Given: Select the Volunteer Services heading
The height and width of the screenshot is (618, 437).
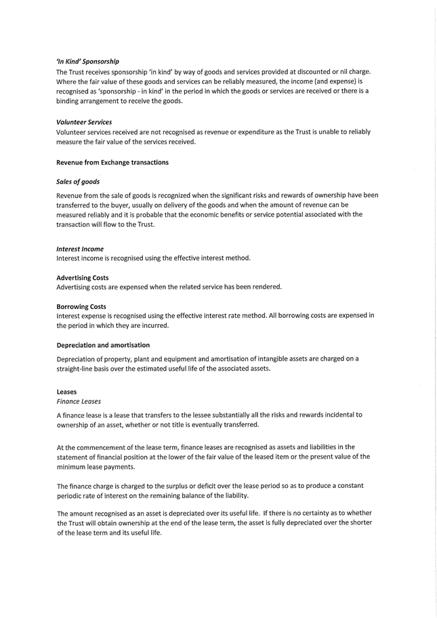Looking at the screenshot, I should click(x=84, y=122).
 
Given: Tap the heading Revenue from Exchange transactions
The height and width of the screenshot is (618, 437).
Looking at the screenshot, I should click(x=112, y=163).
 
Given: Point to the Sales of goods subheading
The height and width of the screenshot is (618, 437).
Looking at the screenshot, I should click(x=78, y=182).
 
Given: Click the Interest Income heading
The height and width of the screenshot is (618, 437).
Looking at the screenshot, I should click(x=80, y=249).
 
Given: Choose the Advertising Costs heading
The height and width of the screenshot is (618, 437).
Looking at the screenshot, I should click(x=83, y=278).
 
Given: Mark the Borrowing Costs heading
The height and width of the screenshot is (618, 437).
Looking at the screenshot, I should click(x=81, y=306).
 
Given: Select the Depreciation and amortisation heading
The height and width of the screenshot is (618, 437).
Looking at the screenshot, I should click(x=103, y=345).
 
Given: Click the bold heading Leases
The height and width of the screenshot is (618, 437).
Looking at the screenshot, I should click(x=66, y=392).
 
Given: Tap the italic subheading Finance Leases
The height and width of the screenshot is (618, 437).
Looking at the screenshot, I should click(x=79, y=401).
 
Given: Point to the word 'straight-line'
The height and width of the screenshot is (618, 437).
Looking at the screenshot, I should click(x=77, y=369).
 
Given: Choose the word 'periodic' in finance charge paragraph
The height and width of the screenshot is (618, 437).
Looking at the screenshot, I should click(x=70, y=495).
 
